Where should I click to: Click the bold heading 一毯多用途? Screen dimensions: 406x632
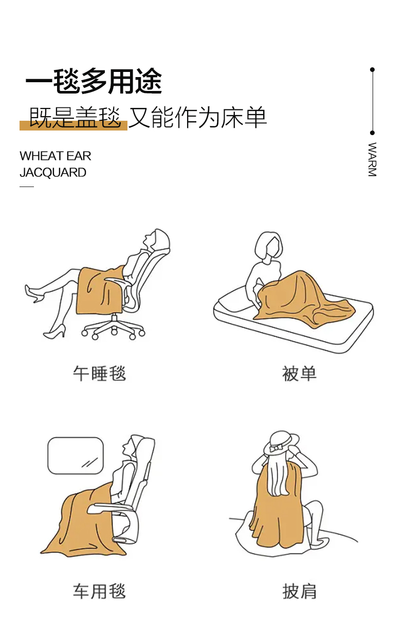(94, 81)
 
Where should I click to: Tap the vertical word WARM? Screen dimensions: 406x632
(372, 160)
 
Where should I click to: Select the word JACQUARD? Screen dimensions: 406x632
(53, 173)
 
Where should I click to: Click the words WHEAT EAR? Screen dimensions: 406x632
(56, 156)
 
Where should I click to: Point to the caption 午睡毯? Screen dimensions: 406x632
(99, 373)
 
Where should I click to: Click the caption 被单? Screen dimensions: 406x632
(299, 373)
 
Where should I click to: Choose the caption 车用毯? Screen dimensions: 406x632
(99, 591)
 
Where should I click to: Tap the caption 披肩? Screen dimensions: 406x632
(299, 591)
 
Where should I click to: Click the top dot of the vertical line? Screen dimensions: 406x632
(373, 69)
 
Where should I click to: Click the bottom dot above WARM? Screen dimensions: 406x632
(373, 133)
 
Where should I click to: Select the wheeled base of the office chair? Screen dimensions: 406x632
(113, 328)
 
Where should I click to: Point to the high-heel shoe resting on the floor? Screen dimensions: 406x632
(54, 332)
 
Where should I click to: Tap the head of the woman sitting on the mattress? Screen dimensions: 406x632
(269, 246)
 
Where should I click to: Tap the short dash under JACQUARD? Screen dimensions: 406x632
(27, 187)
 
